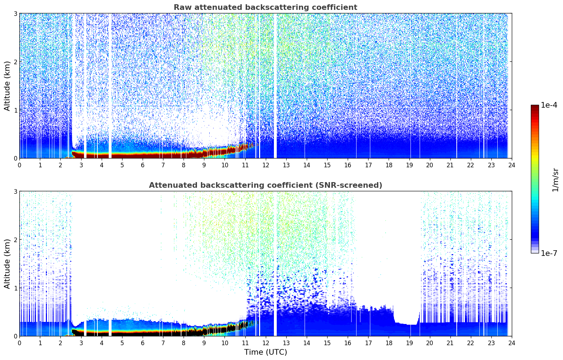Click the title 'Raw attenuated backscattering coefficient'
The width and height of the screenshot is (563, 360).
tap(265, 7)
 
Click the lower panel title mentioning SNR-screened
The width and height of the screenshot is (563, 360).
tap(265, 185)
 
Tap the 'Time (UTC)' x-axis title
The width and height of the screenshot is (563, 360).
tap(265, 352)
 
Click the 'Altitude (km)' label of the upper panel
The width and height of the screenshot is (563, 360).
tap(7, 86)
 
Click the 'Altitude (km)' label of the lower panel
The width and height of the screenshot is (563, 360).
tap(7, 264)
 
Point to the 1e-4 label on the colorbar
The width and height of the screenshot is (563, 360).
tap(549, 105)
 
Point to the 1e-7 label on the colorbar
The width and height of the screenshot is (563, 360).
tap(549, 253)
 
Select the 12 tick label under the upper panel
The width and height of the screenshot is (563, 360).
tap(265, 165)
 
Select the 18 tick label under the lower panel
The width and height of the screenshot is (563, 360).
tap(389, 343)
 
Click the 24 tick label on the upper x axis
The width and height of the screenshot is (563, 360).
tap(511, 165)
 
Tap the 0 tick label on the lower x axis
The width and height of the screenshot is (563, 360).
tap(19, 343)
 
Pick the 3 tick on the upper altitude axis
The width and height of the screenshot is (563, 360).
tap(16, 13)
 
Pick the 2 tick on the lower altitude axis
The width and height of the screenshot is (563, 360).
tap(16, 240)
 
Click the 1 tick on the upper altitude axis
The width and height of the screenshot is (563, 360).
tap(16, 110)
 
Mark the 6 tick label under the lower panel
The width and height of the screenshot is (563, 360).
tap(143, 343)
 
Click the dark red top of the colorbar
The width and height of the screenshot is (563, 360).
tap(535, 107)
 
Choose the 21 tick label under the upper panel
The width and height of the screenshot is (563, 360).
tap(450, 165)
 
